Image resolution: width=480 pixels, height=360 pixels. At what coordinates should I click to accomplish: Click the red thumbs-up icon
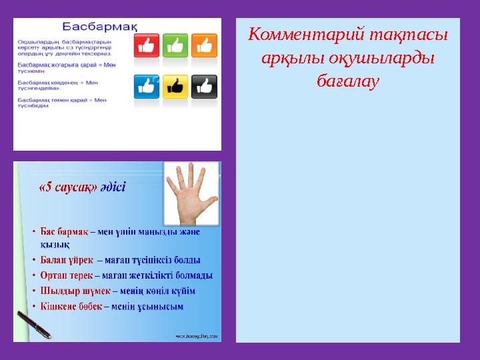click(x=146, y=46)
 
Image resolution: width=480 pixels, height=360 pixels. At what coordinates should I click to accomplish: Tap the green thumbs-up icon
click(x=175, y=46)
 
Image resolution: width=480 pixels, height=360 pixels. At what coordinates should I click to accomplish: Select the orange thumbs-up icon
click(x=203, y=46)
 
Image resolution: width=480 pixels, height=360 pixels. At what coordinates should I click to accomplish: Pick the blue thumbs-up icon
click(x=146, y=87)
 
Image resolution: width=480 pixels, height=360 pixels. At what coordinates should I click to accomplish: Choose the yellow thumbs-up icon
click(x=175, y=87)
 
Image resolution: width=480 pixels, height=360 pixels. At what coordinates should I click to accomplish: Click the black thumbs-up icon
click(x=203, y=87)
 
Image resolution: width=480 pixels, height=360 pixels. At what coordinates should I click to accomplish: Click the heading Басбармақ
click(x=100, y=27)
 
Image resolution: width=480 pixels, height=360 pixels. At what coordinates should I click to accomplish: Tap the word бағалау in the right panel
click(x=347, y=81)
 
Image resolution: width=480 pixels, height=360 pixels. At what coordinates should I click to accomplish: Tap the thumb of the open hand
click(x=211, y=200)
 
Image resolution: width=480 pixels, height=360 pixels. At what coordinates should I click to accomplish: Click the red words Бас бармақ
click(x=64, y=232)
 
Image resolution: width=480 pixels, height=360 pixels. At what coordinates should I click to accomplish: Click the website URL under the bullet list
click(x=196, y=337)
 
